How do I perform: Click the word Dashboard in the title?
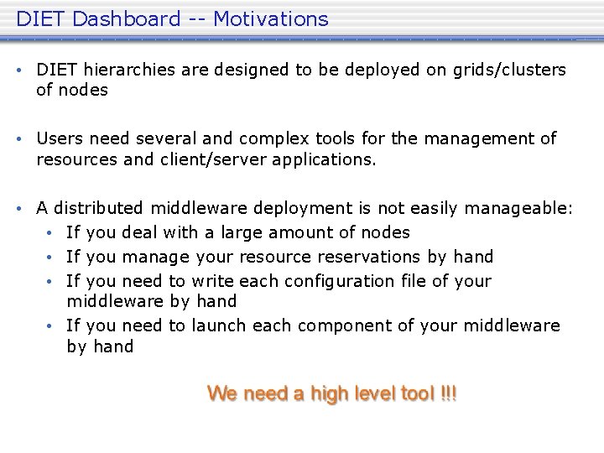[126, 18]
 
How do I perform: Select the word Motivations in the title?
[271, 18]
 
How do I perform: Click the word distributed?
[99, 207]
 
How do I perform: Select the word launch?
[217, 325]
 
